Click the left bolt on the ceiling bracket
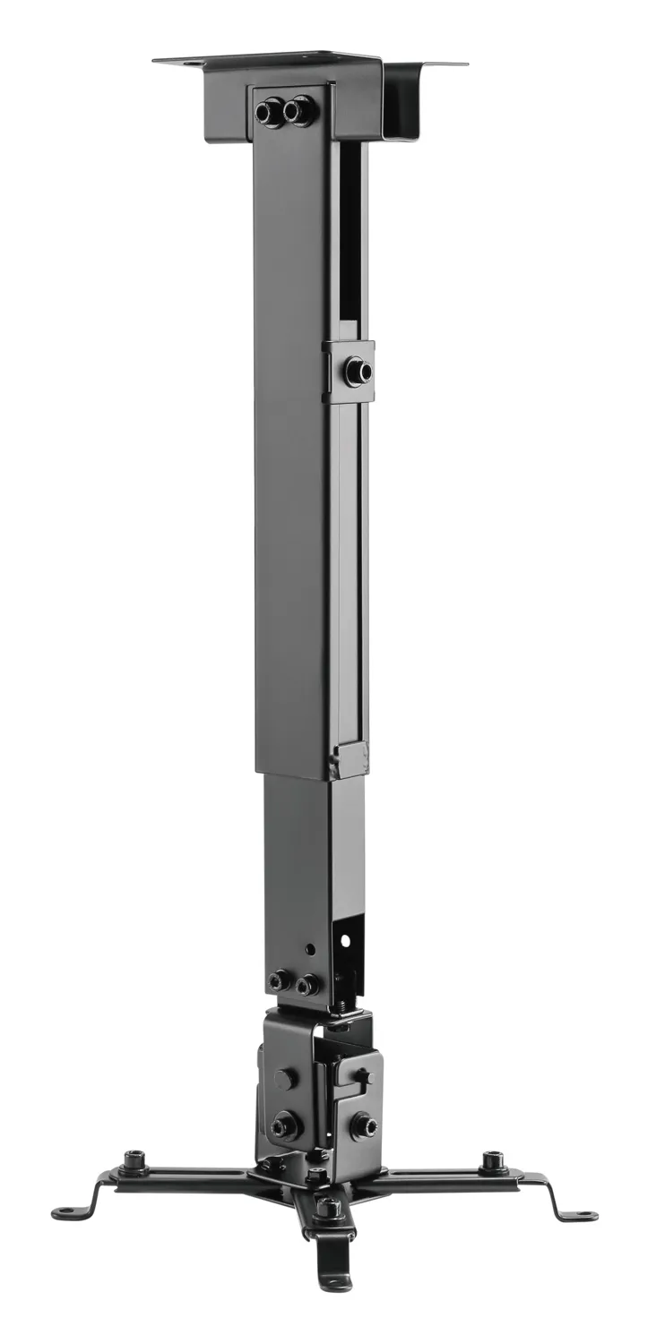coord(267,112)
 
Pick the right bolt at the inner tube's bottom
coord(306,985)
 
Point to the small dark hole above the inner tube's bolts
coord(310,947)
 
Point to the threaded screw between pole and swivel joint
coord(342,1004)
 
